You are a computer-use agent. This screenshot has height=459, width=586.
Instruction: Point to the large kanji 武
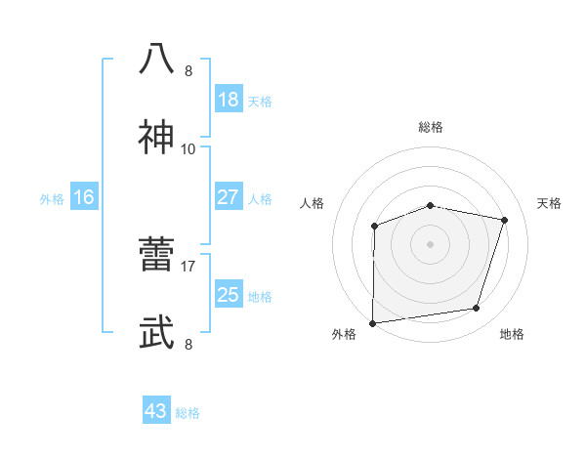tap(157, 333)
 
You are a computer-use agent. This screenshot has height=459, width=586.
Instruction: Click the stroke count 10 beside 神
tap(188, 149)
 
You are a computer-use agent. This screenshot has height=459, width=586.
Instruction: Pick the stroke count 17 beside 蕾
tap(188, 265)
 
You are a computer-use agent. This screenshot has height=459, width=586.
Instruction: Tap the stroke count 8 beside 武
tap(188, 344)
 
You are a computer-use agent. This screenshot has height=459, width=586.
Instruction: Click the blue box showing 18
tap(228, 100)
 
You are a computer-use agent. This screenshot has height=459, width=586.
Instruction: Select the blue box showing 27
tap(228, 197)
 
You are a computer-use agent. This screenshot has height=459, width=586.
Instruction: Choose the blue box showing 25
tap(228, 295)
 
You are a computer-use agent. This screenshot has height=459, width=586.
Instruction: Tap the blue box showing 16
tap(84, 197)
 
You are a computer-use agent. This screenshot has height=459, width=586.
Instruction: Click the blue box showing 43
tap(155, 411)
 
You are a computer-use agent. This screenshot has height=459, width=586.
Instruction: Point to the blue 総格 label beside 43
tap(188, 413)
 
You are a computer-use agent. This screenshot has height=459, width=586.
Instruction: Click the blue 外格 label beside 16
tap(52, 199)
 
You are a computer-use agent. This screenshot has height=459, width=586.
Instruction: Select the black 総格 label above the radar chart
tap(431, 127)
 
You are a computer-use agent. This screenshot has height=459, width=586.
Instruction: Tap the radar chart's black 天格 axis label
tap(549, 203)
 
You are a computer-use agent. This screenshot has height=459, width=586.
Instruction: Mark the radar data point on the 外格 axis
tap(373, 323)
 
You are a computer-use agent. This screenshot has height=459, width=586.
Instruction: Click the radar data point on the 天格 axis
tap(505, 220)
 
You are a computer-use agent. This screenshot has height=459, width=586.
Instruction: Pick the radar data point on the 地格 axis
tap(477, 309)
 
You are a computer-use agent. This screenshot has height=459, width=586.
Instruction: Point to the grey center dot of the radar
tap(431, 243)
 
